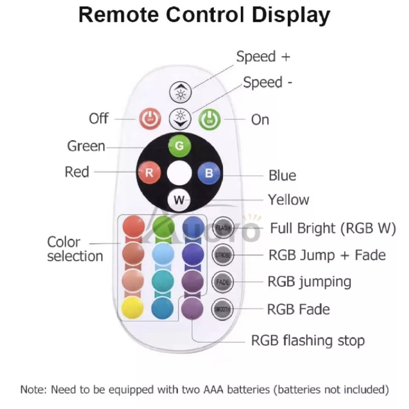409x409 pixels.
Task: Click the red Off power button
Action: [150, 119]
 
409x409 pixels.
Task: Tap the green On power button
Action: [209, 119]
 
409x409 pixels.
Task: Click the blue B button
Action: [209, 172]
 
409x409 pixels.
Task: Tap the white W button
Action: [179, 200]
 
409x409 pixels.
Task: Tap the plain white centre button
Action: [179, 172]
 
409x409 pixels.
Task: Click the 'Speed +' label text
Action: [263, 57]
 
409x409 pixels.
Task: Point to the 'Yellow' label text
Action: [288, 199]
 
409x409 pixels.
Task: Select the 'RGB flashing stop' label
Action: [308, 340]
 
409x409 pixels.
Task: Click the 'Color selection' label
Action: [75, 248]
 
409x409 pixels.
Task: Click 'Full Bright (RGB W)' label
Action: [333, 228]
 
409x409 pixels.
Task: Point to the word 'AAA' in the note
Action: [214, 390]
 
